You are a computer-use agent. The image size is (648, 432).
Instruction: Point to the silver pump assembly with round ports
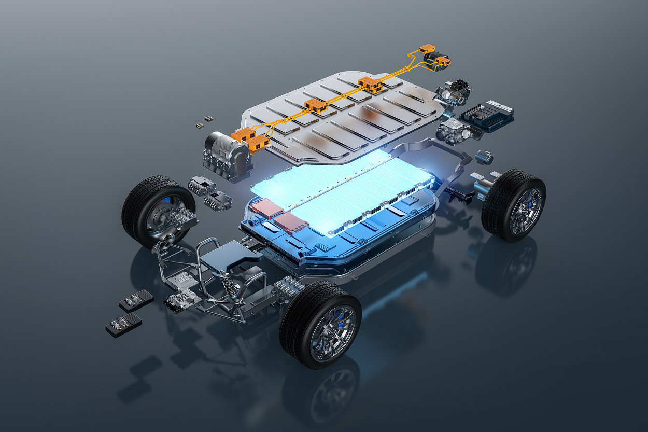pos(454,130)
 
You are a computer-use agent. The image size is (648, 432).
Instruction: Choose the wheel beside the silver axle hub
pos(513,205)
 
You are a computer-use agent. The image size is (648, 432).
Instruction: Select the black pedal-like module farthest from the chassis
pos(123,325)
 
